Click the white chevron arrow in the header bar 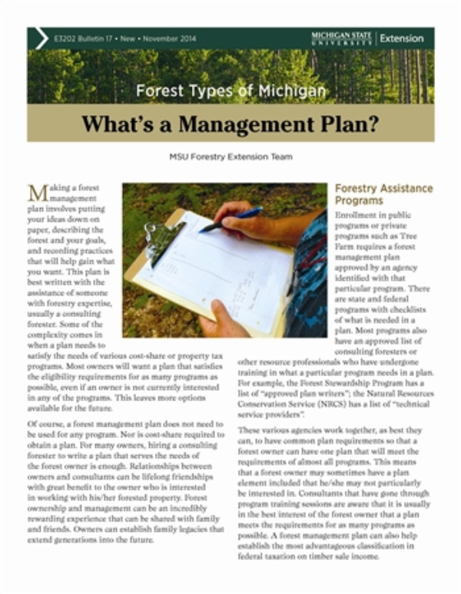point(41,38)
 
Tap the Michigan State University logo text point(341,38)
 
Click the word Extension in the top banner point(402,38)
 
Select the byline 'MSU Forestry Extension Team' point(230,157)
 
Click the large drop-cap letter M point(38,193)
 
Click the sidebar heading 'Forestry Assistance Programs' point(383,194)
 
